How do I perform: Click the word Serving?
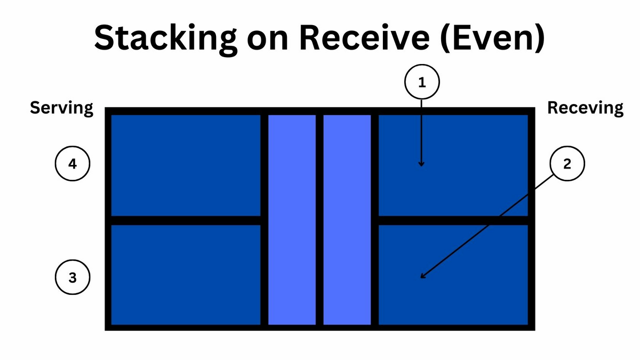coord(62,108)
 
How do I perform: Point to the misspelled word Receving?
coord(585,108)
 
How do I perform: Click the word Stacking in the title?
coord(166,39)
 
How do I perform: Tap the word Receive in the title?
coord(364,38)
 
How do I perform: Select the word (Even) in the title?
coord(493,38)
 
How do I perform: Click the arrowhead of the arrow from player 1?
coord(421,165)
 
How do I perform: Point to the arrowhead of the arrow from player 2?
coord(422,276)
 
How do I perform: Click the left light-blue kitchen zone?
coord(292,220)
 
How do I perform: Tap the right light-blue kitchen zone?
coord(347,220)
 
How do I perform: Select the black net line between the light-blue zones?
coord(319,220)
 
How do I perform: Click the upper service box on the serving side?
coord(186,165)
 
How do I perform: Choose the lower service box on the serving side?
coord(186,275)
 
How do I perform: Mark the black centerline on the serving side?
coord(186,221)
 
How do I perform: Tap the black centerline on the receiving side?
coord(453,221)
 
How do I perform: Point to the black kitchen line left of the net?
coord(265,220)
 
